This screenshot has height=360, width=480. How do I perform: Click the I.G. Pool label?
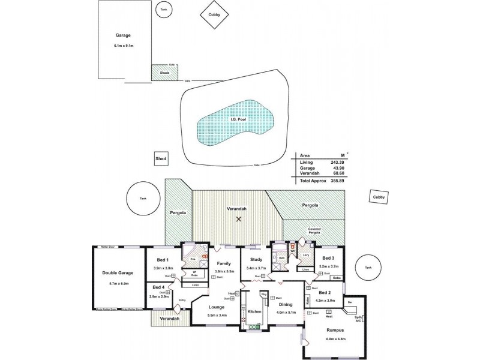238,119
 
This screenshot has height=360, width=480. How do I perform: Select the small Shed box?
160,158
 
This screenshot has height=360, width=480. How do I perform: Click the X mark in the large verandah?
239,219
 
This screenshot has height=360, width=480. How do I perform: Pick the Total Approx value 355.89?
337,181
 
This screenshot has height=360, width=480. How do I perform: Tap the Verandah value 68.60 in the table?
338,173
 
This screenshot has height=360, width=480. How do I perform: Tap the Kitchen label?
254,312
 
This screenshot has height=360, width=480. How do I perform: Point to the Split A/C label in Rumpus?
359,319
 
